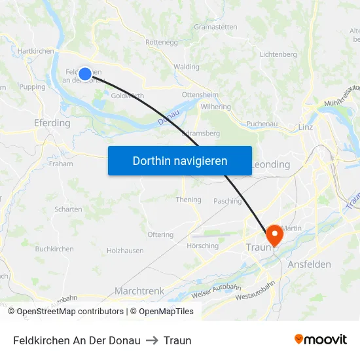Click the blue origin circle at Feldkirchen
85,74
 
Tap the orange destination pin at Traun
274,234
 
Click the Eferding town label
52,123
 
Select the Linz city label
306,127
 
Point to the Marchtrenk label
139,291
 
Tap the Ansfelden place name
309,264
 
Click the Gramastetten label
215,27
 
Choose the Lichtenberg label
278,54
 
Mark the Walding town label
187,67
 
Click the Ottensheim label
200,94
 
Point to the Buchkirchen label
54,249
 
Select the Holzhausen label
125,251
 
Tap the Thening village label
189,200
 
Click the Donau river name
168,118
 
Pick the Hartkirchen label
36,50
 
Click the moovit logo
320,340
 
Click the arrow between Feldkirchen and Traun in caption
152,340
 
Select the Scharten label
69,209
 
